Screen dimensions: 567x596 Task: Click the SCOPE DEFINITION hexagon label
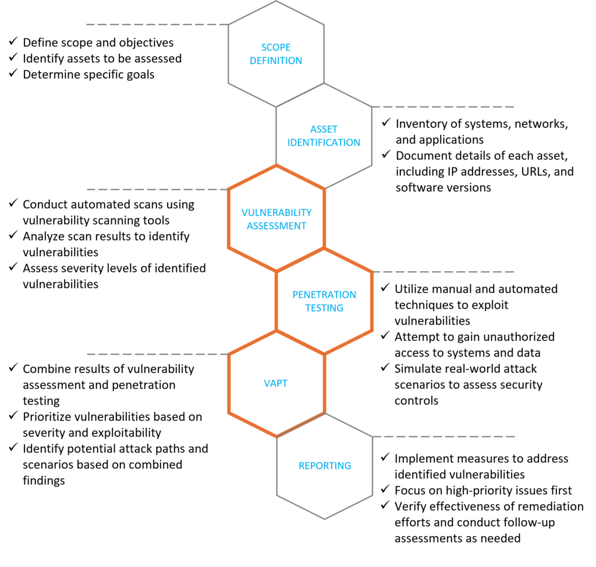pos(276,54)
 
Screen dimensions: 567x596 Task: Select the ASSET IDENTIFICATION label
pos(324,136)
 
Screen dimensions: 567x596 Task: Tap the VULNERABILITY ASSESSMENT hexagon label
pos(276,219)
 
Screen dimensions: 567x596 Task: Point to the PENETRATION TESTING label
pos(324,301)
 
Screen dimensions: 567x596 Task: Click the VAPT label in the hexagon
pos(276,384)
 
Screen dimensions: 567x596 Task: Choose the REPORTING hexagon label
pos(324,466)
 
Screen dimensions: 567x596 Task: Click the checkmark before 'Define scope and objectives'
pos(12,42)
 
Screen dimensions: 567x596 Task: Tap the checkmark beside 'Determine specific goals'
pos(12,75)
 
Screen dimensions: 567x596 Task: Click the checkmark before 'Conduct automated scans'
pos(12,204)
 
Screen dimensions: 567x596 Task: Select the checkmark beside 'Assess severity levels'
pos(12,268)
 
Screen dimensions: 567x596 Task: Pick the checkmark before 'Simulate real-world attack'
pos(385,368)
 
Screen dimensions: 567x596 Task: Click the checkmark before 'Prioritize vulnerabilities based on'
pos(12,417)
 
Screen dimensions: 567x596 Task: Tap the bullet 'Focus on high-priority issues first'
pos(483,490)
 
